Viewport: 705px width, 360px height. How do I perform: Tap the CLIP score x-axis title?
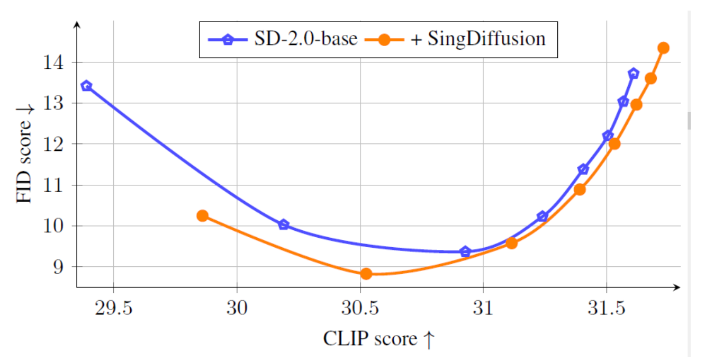coord(378,339)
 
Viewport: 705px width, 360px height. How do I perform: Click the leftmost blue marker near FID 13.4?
coord(86,86)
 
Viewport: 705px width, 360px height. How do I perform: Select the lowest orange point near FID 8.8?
coord(366,274)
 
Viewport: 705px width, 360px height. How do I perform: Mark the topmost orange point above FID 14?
coord(663,48)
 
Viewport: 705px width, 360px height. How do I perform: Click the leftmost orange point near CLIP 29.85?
coord(202,215)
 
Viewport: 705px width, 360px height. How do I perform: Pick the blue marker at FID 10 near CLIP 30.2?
coord(284,224)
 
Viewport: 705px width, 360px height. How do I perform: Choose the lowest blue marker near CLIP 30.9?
coord(465,251)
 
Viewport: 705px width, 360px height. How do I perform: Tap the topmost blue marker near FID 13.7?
coord(634,73)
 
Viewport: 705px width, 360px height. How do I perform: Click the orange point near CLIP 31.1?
coord(511,243)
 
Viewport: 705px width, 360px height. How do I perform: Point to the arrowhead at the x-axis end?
coord(677,287)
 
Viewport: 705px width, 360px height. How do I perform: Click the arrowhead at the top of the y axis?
coord(77,24)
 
